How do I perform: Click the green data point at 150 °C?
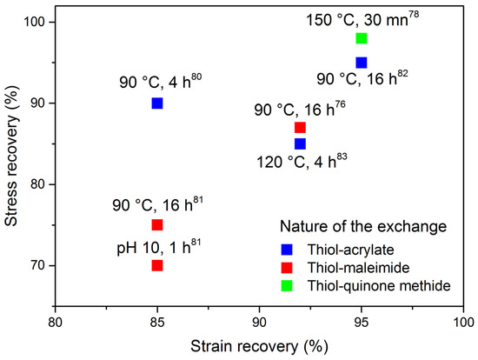[362, 38]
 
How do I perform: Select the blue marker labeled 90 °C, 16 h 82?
[362, 63]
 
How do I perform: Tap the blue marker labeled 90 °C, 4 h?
[157, 103]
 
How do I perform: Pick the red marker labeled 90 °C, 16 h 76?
[300, 128]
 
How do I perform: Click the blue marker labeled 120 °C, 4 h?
[300, 143]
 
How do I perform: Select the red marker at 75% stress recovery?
[157, 224]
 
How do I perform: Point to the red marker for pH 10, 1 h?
[157, 265]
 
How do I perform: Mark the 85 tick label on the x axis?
[157, 321]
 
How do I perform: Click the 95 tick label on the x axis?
[362, 321]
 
